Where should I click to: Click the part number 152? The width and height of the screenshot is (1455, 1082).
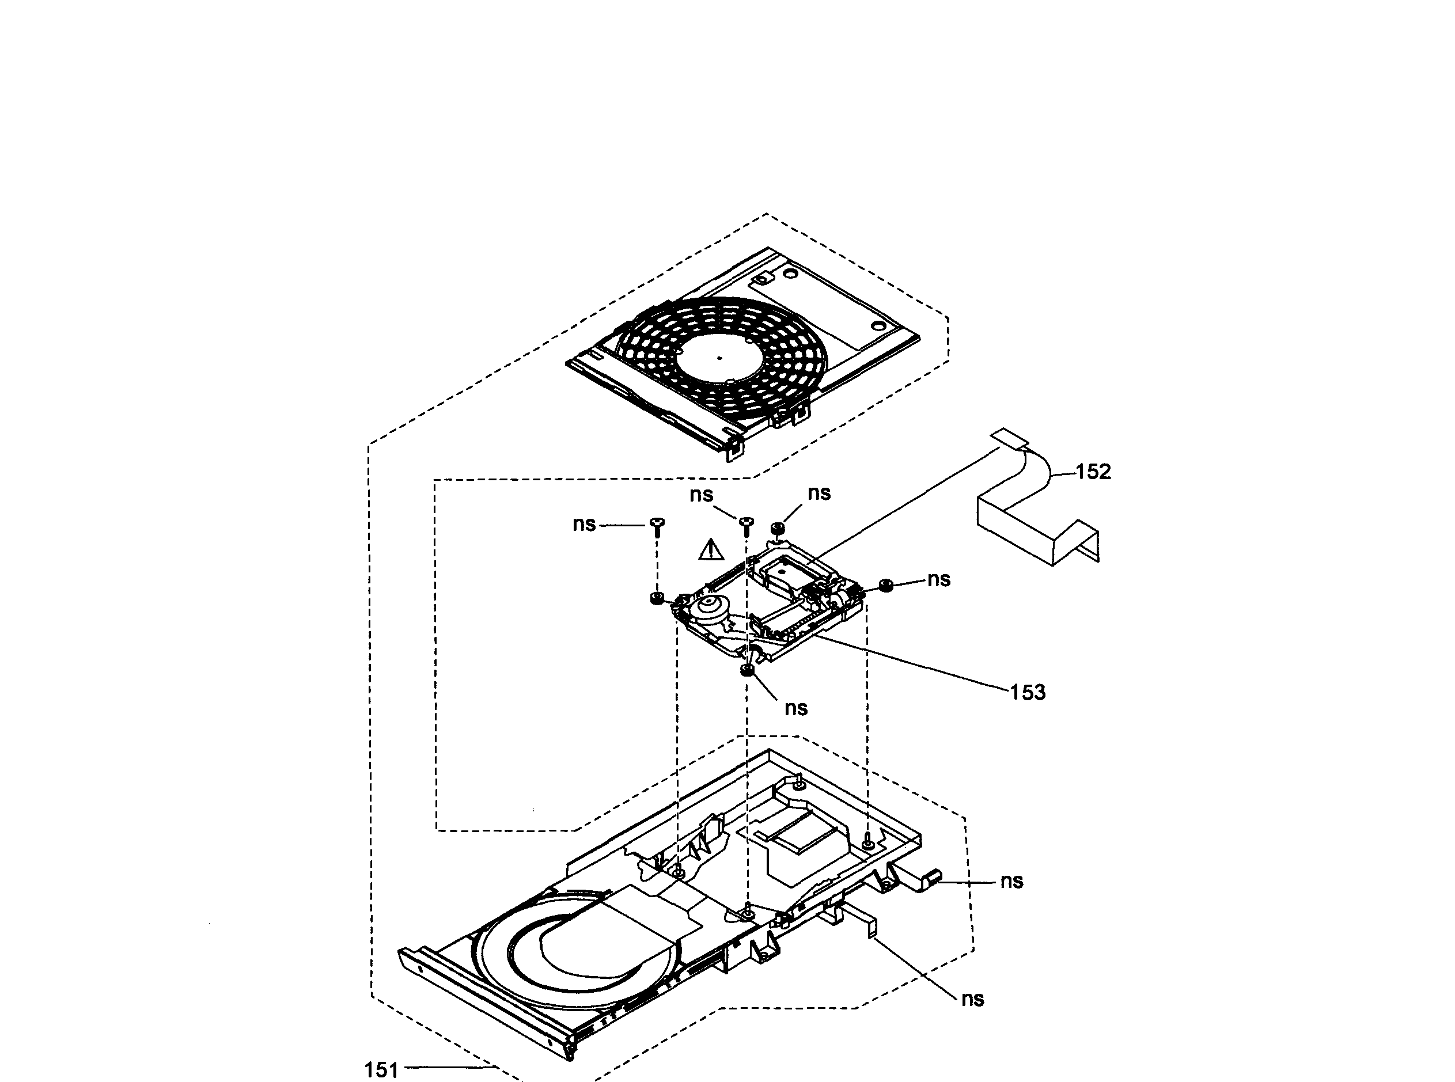tap(1093, 472)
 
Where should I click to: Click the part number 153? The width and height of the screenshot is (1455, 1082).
tap(1027, 692)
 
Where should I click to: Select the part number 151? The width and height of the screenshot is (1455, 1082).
tap(381, 1069)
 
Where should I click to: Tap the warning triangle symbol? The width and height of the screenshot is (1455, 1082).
tap(711, 549)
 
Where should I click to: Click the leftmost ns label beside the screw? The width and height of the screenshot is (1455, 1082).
tap(583, 524)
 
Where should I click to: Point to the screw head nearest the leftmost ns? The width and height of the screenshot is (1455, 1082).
tap(658, 523)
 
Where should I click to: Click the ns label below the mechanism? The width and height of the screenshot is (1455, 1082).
tap(795, 708)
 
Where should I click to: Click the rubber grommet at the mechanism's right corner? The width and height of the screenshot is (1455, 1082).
tap(887, 585)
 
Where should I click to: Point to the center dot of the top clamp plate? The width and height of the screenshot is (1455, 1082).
tap(719, 358)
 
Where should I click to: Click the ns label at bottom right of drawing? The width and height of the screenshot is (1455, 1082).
tap(972, 999)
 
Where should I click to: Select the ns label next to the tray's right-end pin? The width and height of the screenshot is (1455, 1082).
tap(1011, 881)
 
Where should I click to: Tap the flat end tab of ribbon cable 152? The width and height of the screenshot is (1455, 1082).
tap(1010, 439)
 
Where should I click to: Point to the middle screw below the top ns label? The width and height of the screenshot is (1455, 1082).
tap(746, 523)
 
